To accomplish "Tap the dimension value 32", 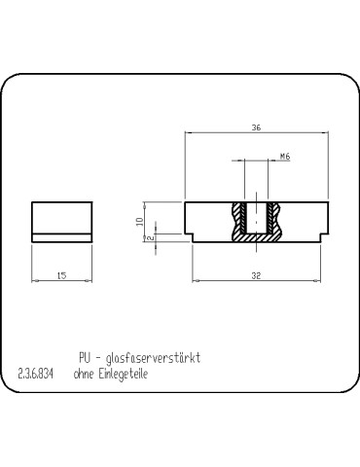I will click(256, 276).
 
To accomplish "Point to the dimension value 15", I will click(61, 276).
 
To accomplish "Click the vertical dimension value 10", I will click(140, 221).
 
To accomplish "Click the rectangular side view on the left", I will click(61, 221).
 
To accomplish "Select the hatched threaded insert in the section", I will click(238, 222).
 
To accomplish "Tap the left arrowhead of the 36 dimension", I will click(188, 133).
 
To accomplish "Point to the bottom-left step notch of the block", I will click(191, 236).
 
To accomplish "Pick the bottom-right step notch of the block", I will click(320, 236).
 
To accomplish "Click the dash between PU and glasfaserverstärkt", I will click(103, 358).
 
